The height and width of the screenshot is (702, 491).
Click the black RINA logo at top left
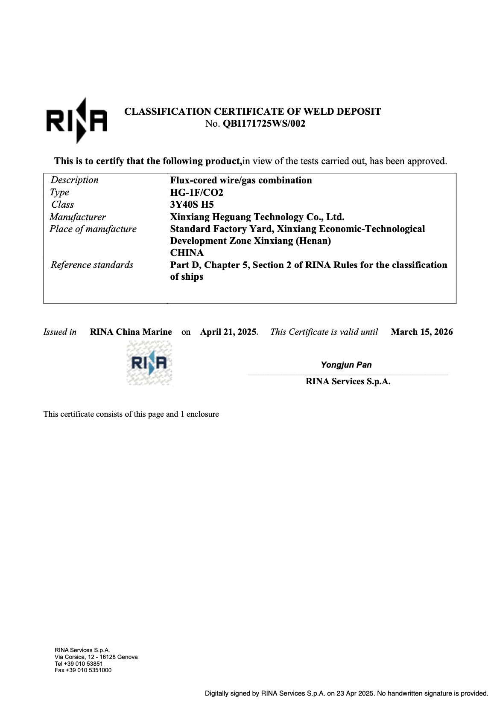(76, 121)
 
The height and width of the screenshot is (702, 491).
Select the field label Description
(75, 180)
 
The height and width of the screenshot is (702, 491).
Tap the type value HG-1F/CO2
(197, 192)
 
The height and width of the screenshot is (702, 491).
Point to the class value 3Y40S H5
(192, 205)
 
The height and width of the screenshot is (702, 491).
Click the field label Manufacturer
(78, 217)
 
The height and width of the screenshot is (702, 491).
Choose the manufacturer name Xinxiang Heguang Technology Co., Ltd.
(257, 217)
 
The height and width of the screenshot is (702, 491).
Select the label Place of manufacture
(93, 229)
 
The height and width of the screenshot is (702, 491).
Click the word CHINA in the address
(187, 253)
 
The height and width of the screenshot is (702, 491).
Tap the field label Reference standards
(92, 265)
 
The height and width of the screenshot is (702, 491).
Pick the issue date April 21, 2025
(228, 332)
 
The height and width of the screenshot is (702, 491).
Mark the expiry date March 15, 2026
(422, 332)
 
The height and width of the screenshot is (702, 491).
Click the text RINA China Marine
(131, 332)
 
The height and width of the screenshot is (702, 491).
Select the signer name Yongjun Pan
(346, 365)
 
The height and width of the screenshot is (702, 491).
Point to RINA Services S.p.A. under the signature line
(348, 382)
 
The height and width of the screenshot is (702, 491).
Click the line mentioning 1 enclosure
(131, 414)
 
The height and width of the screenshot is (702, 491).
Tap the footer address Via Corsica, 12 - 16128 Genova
(96, 657)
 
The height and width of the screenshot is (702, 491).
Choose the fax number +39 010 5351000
(83, 670)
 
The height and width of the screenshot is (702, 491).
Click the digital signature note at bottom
(346, 693)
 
